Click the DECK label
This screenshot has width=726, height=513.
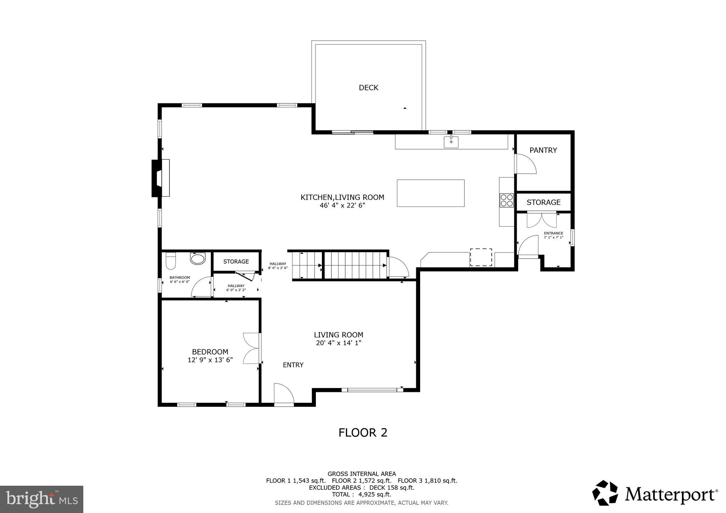(x=368, y=88)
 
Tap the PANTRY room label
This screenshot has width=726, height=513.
(x=543, y=150)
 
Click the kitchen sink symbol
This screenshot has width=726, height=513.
(x=451, y=142)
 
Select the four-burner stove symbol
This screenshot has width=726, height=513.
(x=507, y=200)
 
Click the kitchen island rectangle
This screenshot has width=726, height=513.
(x=430, y=193)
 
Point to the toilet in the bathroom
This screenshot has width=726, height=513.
(x=171, y=261)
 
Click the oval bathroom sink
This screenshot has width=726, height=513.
(x=197, y=258)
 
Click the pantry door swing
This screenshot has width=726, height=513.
(x=525, y=164)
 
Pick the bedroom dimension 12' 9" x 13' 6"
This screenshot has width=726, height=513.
(x=210, y=360)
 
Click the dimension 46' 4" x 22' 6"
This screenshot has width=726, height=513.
(x=342, y=205)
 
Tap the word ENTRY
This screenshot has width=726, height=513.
(x=293, y=365)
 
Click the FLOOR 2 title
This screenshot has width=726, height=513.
(x=363, y=433)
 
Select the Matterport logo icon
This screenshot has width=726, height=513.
(x=605, y=493)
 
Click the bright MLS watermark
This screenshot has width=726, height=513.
(x=41, y=499)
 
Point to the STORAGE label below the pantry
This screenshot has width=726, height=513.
(x=543, y=202)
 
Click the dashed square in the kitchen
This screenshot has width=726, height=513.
(x=481, y=257)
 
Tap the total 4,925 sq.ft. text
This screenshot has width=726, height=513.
(x=361, y=494)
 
